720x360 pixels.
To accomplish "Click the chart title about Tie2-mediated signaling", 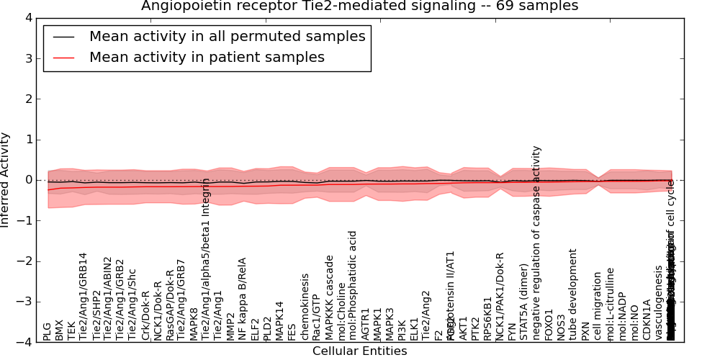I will coord(359,6).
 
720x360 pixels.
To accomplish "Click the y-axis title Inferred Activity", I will coord(6,180).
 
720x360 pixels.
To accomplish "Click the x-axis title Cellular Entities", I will coord(359,351).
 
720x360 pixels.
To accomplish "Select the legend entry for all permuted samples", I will coord(227,36).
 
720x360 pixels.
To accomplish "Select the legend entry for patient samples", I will coord(207,57).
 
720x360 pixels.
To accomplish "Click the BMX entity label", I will coord(60,330).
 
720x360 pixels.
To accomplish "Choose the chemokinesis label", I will coord(305,307).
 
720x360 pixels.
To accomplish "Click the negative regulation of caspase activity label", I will coord(537,243).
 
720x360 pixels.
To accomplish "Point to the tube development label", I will coord(574,294).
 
